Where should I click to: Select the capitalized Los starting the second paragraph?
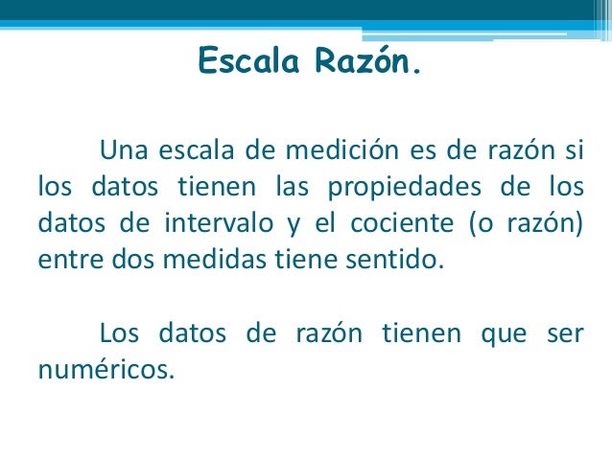[x=119, y=333]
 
